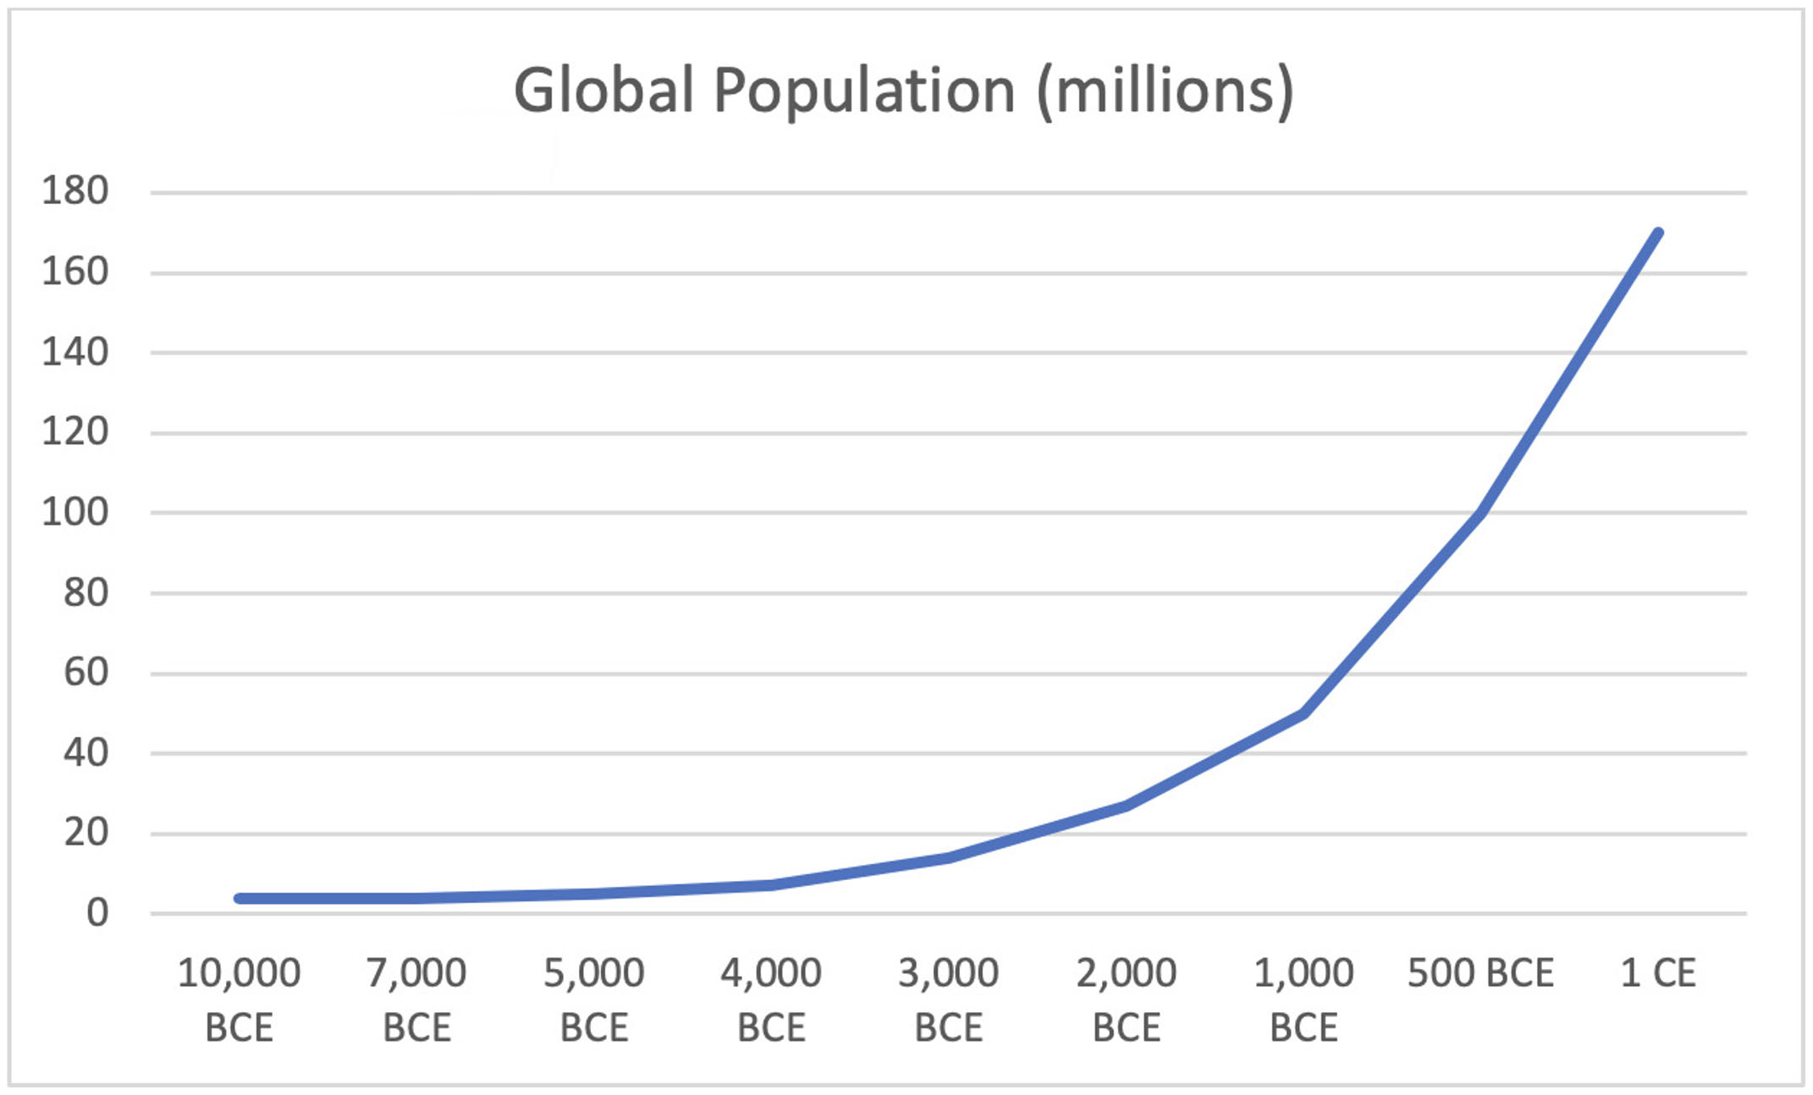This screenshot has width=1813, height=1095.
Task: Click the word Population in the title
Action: click(863, 91)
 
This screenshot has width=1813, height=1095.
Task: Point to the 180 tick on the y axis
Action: click(75, 191)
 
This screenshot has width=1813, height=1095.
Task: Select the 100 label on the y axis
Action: click(75, 512)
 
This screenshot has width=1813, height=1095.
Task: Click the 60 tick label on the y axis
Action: click(85, 673)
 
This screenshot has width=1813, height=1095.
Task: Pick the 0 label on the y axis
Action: click(96, 913)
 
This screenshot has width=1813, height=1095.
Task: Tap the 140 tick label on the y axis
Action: click(75, 352)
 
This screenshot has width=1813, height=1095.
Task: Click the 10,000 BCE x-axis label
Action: click(239, 1000)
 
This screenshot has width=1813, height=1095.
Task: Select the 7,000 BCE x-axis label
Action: click(416, 1000)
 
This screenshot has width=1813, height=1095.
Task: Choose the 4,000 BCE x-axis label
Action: click(771, 1000)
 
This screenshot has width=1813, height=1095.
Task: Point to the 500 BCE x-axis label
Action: click(1480, 974)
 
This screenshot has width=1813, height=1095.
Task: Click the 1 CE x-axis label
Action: click(1657, 974)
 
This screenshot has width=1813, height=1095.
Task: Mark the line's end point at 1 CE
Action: click(1657, 234)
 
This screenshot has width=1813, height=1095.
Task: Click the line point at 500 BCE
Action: click(1480, 512)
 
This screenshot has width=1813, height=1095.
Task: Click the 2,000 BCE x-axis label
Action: click(1126, 1000)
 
